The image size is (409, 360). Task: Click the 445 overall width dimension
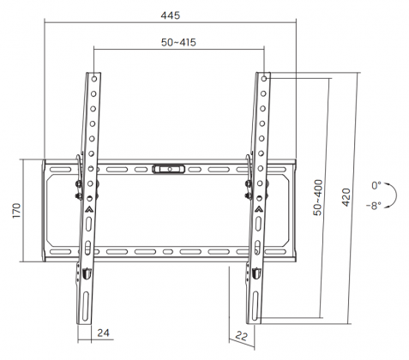click(171, 15)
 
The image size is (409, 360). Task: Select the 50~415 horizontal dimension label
click(178, 43)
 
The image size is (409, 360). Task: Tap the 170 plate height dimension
click(16, 211)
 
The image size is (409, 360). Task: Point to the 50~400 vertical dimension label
click(318, 197)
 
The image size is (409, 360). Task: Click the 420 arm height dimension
click(346, 197)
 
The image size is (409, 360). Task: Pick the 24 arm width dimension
click(103, 333)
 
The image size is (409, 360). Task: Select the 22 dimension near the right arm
click(241, 336)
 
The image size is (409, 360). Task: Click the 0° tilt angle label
click(376, 185)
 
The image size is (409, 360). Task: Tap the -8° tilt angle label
click(374, 205)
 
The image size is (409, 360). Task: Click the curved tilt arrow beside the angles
click(396, 195)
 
